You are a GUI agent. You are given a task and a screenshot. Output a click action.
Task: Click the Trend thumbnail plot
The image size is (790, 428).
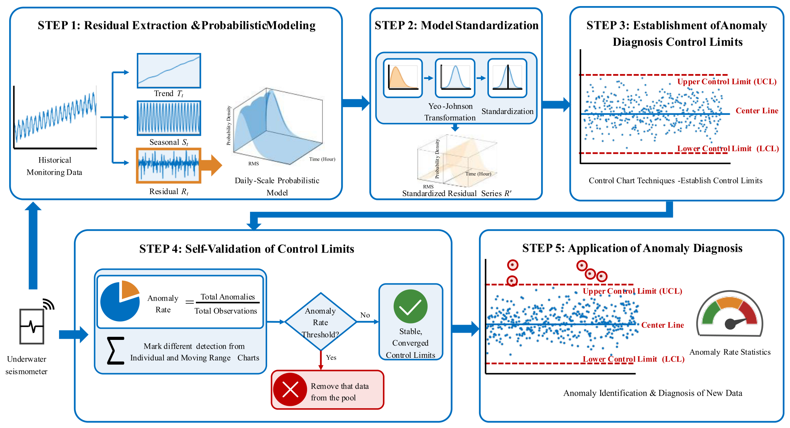169,71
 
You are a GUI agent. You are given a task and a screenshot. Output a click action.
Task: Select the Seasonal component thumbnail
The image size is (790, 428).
169,118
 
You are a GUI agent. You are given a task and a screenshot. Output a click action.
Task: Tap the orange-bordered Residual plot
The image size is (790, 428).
168,166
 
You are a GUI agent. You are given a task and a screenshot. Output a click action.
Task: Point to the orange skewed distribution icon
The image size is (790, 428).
403,78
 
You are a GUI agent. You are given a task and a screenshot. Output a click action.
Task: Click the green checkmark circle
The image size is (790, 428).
410,306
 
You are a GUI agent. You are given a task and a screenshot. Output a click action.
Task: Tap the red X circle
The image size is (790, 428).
290,389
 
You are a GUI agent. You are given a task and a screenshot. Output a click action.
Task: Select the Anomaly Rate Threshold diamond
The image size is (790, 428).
321,322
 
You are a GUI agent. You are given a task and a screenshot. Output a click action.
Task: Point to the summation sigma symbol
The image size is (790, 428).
115,350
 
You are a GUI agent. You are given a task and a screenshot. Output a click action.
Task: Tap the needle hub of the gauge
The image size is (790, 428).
730,324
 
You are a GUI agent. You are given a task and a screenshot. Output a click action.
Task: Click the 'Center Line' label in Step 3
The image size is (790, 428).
757,111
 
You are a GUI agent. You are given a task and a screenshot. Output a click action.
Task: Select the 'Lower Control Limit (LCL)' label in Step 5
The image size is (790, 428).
633,359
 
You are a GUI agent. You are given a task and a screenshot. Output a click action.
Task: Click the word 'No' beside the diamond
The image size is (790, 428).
365,315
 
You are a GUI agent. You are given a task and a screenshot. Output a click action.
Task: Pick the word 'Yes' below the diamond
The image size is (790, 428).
331,357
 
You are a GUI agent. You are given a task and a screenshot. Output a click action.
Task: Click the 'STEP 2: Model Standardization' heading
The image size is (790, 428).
457,25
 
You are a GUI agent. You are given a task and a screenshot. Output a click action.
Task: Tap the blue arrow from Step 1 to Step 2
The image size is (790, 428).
356,103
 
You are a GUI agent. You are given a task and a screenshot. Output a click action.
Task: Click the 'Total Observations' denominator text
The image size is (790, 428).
226,311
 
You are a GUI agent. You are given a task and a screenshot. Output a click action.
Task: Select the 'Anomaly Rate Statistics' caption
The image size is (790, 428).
730,352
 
